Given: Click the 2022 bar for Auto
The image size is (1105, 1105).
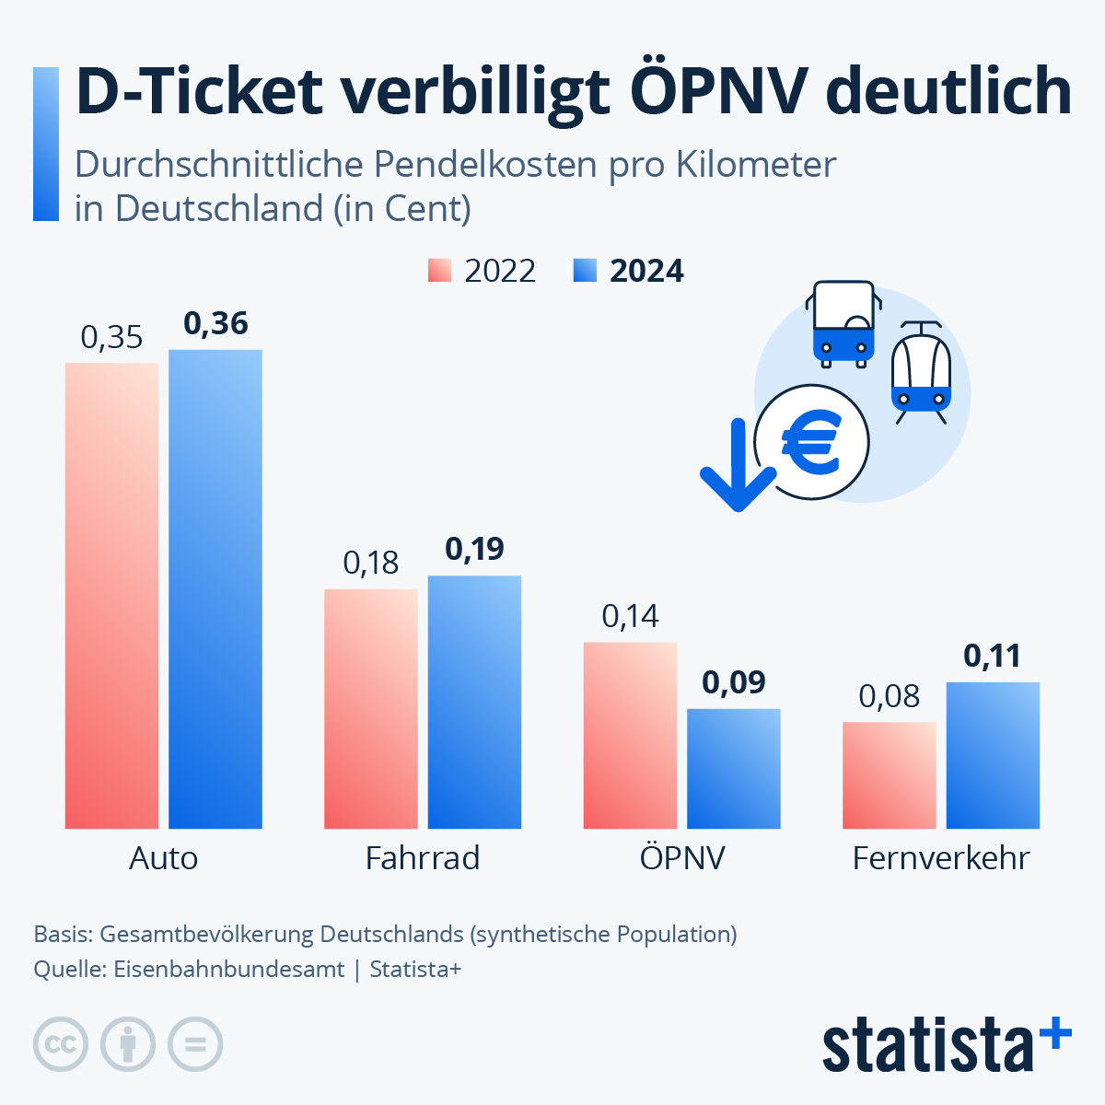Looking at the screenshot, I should click(x=111, y=596).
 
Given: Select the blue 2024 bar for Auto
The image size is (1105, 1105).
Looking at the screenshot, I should click(x=215, y=589).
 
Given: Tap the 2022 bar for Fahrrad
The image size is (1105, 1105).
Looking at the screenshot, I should click(x=370, y=708).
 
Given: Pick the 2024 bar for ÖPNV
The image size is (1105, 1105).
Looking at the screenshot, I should click(x=734, y=768).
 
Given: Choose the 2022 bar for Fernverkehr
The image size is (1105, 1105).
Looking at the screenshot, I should click(x=890, y=775).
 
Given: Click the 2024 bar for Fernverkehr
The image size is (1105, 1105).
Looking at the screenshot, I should click(x=993, y=755).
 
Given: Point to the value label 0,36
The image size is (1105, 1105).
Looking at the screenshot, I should click(x=215, y=324).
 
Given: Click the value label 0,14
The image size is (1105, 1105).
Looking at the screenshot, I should click(x=631, y=616).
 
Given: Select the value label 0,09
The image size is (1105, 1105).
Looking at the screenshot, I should click(x=734, y=682).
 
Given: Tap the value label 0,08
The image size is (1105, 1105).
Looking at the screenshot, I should click(x=890, y=696).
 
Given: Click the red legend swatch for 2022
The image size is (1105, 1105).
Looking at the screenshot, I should click(x=439, y=271).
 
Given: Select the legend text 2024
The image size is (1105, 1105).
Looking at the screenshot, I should click(x=646, y=271).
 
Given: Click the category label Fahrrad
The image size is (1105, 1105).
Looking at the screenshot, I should click(x=423, y=858).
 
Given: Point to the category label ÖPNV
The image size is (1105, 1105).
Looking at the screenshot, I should click(x=682, y=858).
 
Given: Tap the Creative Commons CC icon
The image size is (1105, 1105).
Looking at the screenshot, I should click(x=61, y=1044).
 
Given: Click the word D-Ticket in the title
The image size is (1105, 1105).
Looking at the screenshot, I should click(x=199, y=92).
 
